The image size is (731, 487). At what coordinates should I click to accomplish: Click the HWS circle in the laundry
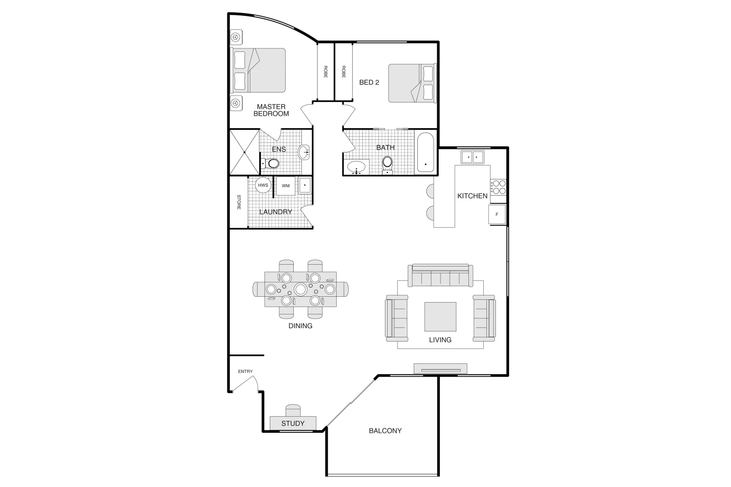[x=263, y=185]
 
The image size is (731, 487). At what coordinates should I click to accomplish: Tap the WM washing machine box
[x=286, y=186]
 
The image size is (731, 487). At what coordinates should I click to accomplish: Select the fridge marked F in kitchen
[x=497, y=215]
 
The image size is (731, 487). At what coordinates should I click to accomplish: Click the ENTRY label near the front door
[x=245, y=372]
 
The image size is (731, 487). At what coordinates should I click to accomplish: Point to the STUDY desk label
[x=293, y=423]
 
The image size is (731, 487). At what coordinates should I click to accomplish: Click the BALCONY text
[x=385, y=431]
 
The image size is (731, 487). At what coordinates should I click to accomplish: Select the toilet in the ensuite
[x=271, y=163]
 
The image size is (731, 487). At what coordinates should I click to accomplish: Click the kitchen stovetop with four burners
[x=498, y=187]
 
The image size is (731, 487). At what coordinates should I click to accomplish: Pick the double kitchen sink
[x=472, y=157]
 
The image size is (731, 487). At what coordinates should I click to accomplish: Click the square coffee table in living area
[x=440, y=317]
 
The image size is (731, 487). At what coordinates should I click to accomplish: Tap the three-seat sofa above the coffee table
[x=440, y=276]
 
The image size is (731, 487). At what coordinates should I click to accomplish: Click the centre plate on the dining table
[x=301, y=289]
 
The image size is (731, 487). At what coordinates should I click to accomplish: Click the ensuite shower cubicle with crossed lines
[x=244, y=152]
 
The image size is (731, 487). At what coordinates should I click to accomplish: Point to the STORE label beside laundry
[x=239, y=202]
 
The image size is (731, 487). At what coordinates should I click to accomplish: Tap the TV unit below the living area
[x=440, y=369]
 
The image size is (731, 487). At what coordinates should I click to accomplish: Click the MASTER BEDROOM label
[x=271, y=110]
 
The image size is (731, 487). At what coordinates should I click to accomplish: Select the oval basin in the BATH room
[x=356, y=167]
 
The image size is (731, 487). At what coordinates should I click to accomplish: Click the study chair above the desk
[x=293, y=410]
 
